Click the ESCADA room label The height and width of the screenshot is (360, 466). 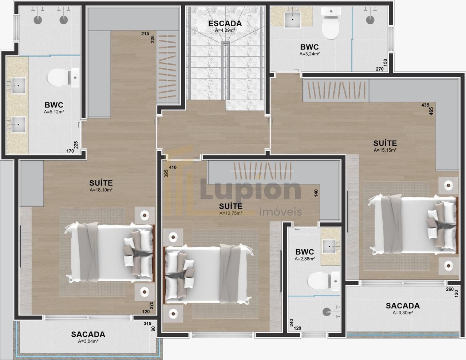coord(225,23)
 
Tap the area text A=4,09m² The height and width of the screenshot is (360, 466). coord(225,30)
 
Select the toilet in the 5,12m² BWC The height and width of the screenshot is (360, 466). coord(63,78)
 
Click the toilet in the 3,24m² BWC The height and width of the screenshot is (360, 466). coord(331,24)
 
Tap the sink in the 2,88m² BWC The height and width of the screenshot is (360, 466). coord(329,247)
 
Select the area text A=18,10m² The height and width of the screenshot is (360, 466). coord(101,190)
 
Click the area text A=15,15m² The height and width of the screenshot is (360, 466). coord(385,150)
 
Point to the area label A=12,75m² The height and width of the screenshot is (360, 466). coord(231,213)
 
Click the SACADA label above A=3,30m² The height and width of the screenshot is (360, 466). coord(403,306)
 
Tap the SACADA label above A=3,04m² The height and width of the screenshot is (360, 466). coord(88,334)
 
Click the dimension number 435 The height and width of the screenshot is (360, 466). coord(425,105)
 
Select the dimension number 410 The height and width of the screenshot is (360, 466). coord(173,167)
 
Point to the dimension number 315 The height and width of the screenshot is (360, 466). coord(147,324)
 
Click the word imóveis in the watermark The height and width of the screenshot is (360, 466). coord(281,212)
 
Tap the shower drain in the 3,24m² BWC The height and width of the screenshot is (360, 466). coord(370,20)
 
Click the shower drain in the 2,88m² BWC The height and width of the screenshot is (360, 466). coord(327,312)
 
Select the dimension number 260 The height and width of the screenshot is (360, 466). coord(450,289)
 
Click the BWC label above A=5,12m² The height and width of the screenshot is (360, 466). coord(54,105)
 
